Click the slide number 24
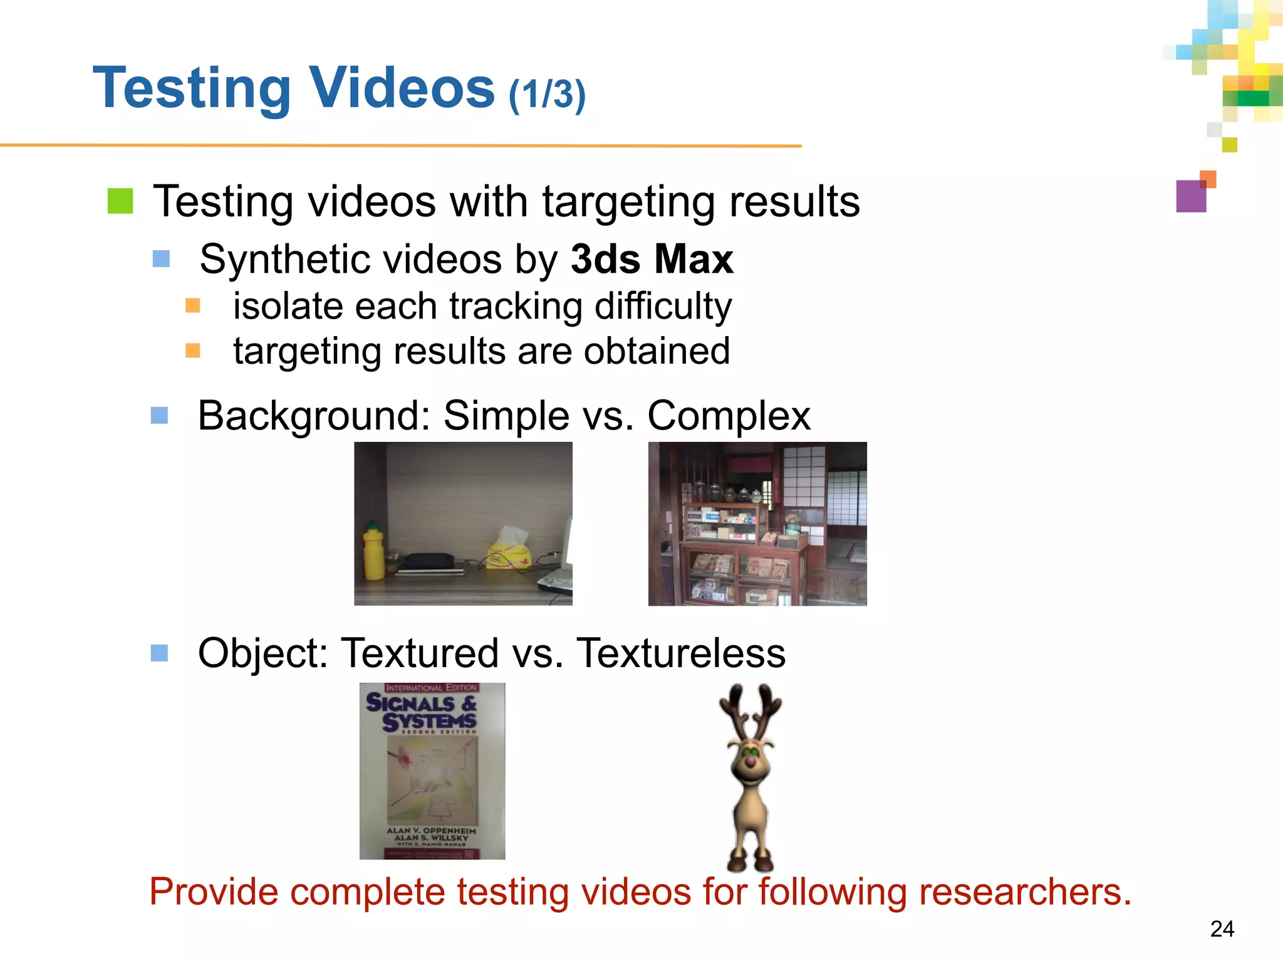[1222, 929]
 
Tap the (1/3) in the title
[547, 95]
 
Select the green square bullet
[120, 201]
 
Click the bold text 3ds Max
[652, 259]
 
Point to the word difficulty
[663, 307]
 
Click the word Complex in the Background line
[729, 416]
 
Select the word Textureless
[680, 653]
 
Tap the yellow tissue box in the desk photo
[509, 552]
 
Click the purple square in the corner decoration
[1191, 196]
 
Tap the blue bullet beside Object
[160, 653]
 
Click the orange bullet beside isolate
[193, 306]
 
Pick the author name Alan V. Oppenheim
[431, 831]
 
